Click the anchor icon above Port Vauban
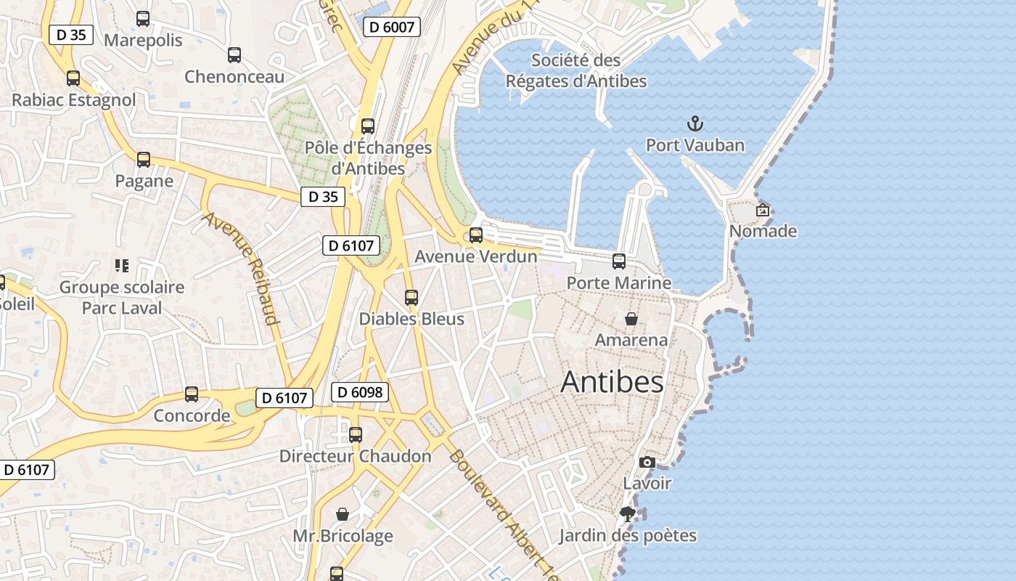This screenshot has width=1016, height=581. [x=695, y=123]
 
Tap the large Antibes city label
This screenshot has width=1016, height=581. [x=612, y=382]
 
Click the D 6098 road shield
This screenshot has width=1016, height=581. [x=360, y=393]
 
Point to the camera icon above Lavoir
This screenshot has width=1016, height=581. [x=647, y=463]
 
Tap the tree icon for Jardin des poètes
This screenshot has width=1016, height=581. [x=628, y=515]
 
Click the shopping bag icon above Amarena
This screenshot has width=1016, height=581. [x=631, y=319]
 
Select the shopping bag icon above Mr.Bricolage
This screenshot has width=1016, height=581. [x=343, y=515]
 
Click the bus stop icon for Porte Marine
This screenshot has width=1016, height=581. [x=619, y=261]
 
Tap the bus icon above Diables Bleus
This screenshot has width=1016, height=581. [x=411, y=298]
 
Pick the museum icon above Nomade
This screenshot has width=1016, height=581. [x=763, y=211]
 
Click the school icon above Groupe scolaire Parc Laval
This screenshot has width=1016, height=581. [x=122, y=266]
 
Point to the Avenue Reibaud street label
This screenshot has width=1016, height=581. [x=241, y=268]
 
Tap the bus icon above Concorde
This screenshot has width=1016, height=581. [x=192, y=394]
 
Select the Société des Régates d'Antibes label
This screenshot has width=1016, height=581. [x=576, y=70]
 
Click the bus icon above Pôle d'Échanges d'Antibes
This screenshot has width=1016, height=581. [x=368, y=126]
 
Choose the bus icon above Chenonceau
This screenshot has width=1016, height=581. [x=234, y=55]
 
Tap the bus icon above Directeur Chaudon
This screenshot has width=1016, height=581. [x=356, y=435]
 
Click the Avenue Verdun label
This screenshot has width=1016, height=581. [x=476, y=256]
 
